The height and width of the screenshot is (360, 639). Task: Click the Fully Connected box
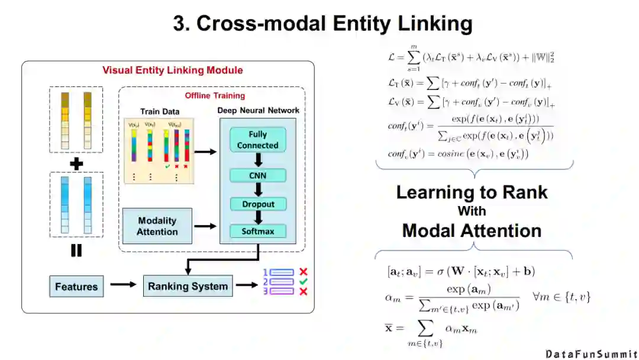pyautogui.click(x=258, y=140)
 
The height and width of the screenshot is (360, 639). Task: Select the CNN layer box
pyautogui.click(x=258, y=175)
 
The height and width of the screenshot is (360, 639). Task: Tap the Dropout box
pyautogui.click(x=258, y=204)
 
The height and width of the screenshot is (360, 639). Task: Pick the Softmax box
pyautogui.click(x=258, y=231)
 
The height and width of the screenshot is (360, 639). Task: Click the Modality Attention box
pyautogui.click(x=157, y=226)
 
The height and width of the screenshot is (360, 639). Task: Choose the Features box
pyautogui.click(x=76, y=287)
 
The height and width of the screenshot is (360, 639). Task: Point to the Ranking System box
pyautogui.click(x=188, y=286)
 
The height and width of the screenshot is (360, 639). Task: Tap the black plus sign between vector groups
pyautogui.click(x=76, y=163)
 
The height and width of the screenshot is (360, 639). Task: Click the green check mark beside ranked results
pyautogui.click(x=303, y=282)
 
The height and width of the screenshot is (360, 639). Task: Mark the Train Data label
pyautogui.click(x=160, y=111)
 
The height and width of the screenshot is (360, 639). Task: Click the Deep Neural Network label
pyautogui.click(x=258, y=110)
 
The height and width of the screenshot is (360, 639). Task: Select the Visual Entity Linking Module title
pyautogui.click(x=172, y=70)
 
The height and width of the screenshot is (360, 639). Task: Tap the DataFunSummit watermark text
pyautogui.click(x=590, y=353)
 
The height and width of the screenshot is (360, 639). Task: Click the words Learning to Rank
pyautogui.click(x=472, y=192)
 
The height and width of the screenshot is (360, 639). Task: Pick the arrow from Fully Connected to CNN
pyautogui.click(x=258, y=160)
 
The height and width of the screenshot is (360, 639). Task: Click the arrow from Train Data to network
pyautogui.click(x=205, y=152)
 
